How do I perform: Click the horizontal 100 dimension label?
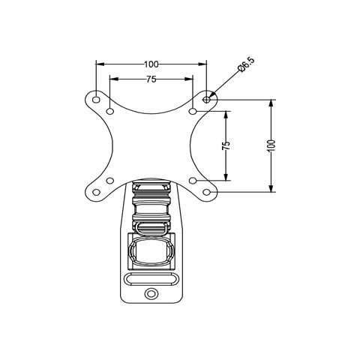pyautogui.click(x=151, y=64)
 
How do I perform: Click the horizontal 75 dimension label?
pyautogui.click(x=151, y=79)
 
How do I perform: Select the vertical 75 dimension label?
pyautogui.click(x=226, y=145)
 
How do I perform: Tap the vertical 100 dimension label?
pyautogui.click(x=271, y=145)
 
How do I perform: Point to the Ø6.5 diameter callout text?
pyautogui.click(x=246, y=64)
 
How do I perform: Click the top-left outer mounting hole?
pyautogui.click(x=96, y=100)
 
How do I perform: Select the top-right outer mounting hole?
pyautogui.click(x=206, y=100)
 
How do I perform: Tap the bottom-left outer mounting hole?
pyautogui.click(x=96, y=192)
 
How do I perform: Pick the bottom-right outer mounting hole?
pyautogui.click(x=206, y=192)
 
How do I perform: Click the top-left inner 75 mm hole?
pyautogui.click(x=110, y=111)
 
